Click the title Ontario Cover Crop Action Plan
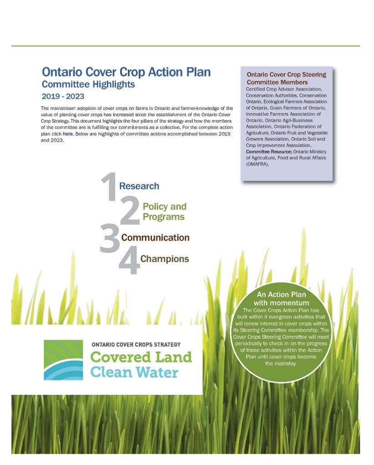click(x=126, y=73)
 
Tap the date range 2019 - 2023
click(x=63, y=96)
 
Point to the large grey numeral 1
click(x=108, y=186)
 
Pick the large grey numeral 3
click(x=109, y=239)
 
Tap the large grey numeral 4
click(x=129, y=262)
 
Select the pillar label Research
click(x=139, y=186)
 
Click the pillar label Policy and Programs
click(x=164, y=212)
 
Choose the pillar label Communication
click(x=155, y=237)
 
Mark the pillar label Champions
click(x=164, y=259)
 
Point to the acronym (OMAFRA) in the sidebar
click(x=258, y=164)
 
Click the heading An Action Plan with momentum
click(x=281, y=298)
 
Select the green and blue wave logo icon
click(x=63, y=360)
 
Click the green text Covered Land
click(x=141, y=357)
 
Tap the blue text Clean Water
click(x=134, y=372)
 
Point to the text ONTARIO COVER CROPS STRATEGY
click(x=136, y=344)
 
